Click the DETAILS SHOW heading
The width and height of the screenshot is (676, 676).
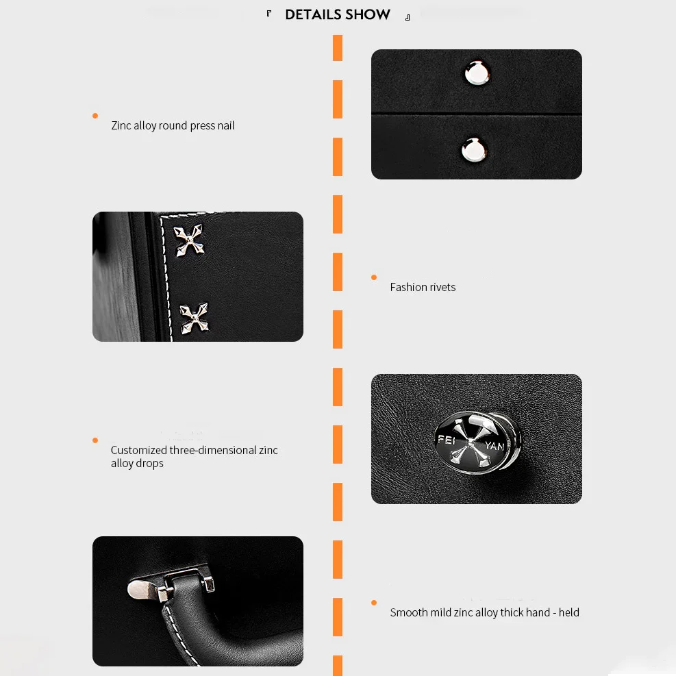point(338,14)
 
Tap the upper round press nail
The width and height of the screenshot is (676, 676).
point(477,73)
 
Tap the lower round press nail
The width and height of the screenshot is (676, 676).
point(474,149)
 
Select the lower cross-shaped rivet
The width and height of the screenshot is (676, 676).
point(194,318)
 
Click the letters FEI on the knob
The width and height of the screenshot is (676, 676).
point(447,440)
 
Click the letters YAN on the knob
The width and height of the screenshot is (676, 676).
point(495,446)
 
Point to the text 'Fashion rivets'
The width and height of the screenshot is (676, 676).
point(423,287)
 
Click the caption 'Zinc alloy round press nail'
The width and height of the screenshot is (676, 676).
point(173,125)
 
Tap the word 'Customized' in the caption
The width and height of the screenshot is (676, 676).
point(139,450)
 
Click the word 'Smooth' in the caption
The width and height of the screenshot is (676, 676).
point(409,612)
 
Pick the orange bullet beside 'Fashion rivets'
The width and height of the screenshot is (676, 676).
point(374,277)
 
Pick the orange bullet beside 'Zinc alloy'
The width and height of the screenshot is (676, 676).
point(95,116)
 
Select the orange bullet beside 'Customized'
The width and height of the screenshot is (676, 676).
point(95,440)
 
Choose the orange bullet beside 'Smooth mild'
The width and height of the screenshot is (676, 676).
point(374,602)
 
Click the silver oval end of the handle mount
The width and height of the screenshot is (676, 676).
point(140,589)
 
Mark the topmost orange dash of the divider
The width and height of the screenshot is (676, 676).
point(338,48)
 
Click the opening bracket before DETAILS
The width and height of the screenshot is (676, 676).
point(269,14)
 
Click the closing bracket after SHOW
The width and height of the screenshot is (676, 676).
point(408,17)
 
